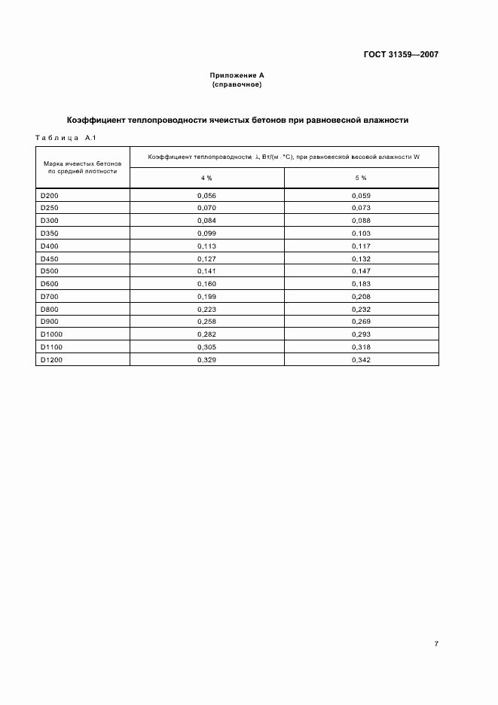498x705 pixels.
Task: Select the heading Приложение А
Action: click(x=237, y=76)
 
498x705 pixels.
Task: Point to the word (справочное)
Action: click(x=237, y=84)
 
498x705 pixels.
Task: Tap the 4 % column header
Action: click(x=206, y=178)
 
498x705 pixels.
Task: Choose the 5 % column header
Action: click(x=361, y=178)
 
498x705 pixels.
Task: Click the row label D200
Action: click(x=48, y=195)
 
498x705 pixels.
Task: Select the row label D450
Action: click(x=48, y=258)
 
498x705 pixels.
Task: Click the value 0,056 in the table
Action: click(x=206, y=195)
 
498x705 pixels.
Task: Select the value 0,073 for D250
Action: click(x=361, y=208)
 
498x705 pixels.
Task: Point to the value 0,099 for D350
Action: click(x=206, y=233)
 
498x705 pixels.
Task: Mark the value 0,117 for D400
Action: click(x=361, y=246)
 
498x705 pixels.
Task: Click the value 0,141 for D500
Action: click(x=206, y=271)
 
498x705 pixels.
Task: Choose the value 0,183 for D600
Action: click(x=361, y=284)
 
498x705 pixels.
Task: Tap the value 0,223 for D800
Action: click(x=206, y=309)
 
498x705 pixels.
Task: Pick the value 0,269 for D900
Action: click(x=361, y=322)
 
